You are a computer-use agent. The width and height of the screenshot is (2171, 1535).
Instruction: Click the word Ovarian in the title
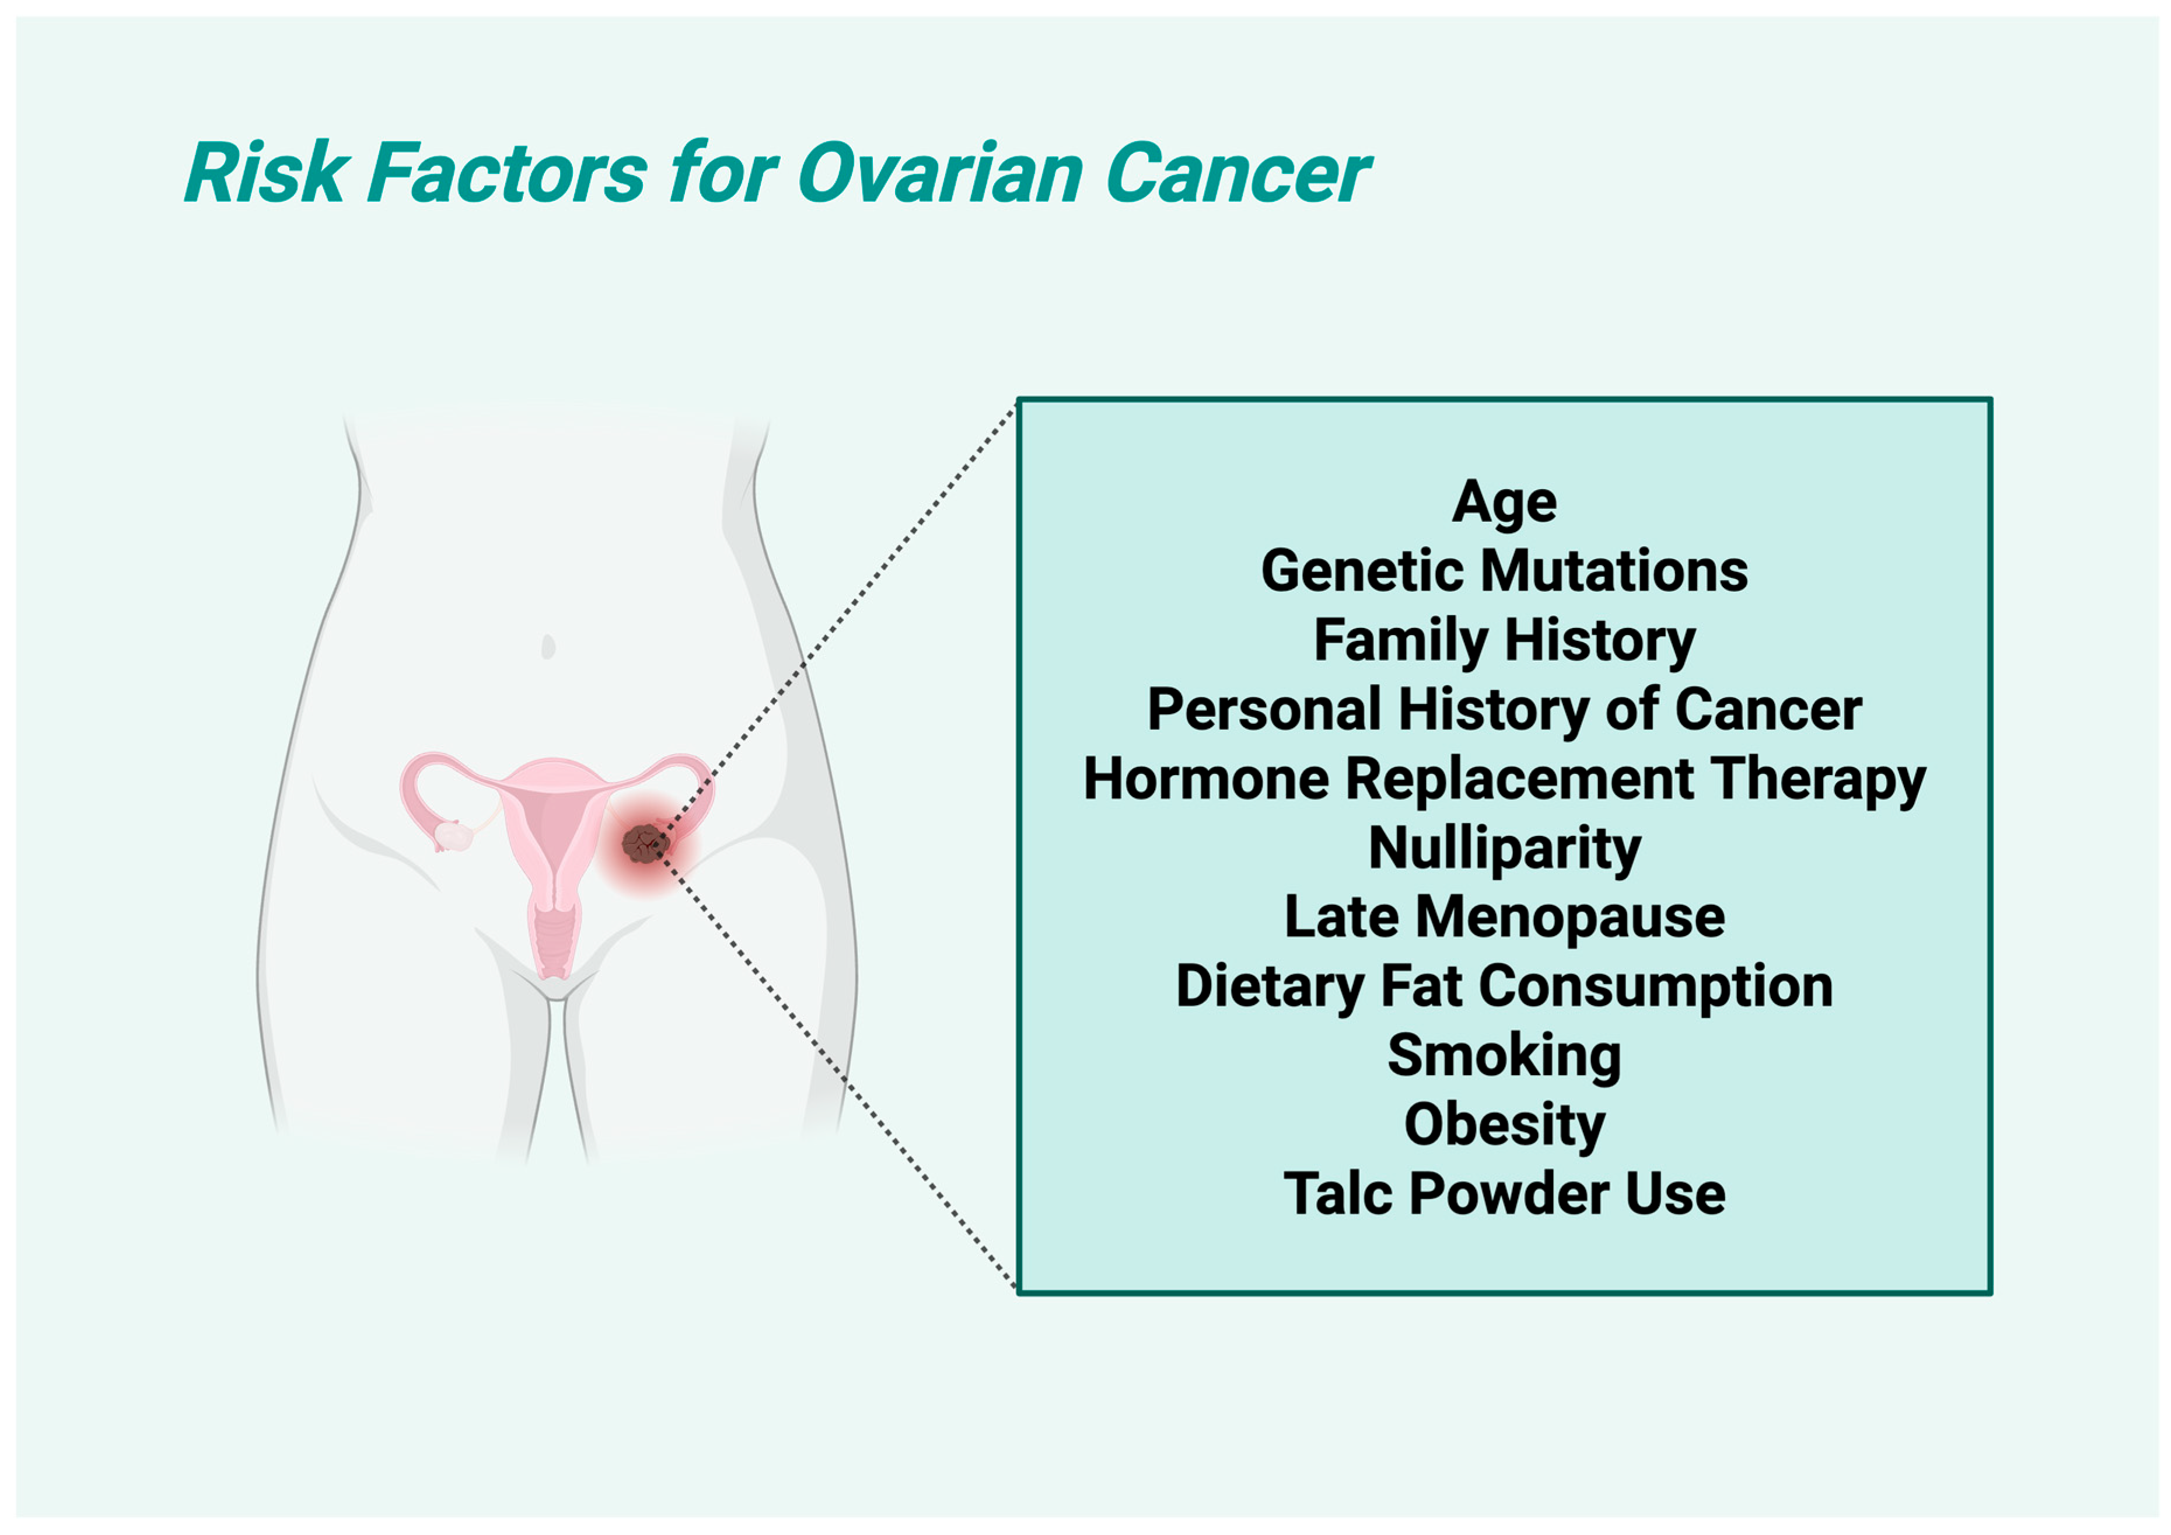(941, 173)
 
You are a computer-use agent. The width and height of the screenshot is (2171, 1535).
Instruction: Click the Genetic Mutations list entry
(1504, 571)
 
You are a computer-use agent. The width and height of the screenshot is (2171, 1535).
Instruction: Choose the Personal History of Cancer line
(1504, 709)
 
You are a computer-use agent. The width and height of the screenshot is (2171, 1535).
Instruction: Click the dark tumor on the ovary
(645, 843)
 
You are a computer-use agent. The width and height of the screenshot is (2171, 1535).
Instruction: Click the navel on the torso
(547, 647)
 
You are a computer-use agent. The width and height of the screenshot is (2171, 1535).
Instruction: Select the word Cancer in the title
(1237, 173)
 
